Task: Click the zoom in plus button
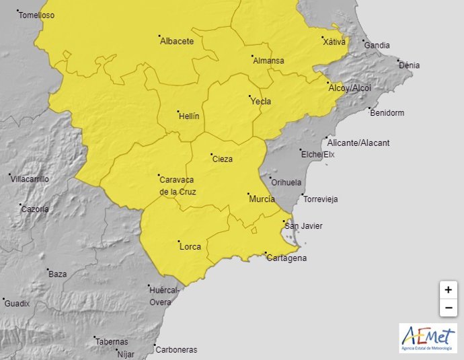click(448, 290)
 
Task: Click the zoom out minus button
click(448, 308)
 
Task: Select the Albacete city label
click(177, 42)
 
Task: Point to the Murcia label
click(262, 200)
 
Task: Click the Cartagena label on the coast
click(287, 258)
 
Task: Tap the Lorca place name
click(190, 247)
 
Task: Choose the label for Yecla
click(261, 102)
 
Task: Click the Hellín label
click(189, 116)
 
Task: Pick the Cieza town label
click(223, 159)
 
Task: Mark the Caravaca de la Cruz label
click(178, 185)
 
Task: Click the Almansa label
click(268, 61)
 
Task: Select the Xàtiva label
click(334, 42)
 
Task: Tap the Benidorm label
click(387, 113)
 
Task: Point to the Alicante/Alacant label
click(358, 143)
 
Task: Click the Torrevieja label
click(321, 200)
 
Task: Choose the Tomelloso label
click(37, 15)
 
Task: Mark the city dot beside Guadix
click(3, 299)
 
